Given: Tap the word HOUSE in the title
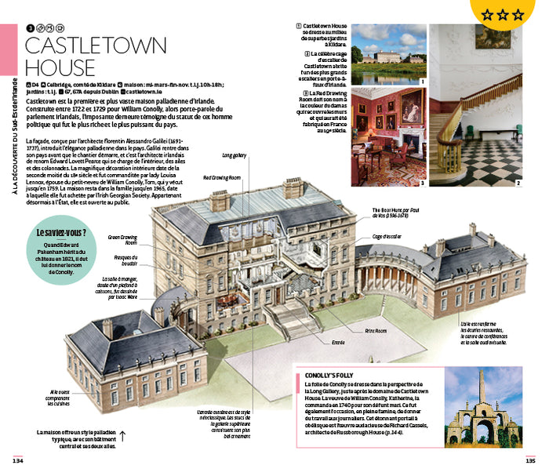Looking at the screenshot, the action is coord(60,67).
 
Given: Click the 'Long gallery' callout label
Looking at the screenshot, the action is coord(234,155).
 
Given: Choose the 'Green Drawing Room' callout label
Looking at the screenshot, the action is coord(123,239).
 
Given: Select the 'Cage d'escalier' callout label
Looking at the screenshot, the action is coord(387,236).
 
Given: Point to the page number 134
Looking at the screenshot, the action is coord(16,460).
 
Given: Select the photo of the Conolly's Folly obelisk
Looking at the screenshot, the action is coord(484,407).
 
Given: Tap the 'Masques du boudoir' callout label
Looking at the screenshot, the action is coord(125,260).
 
